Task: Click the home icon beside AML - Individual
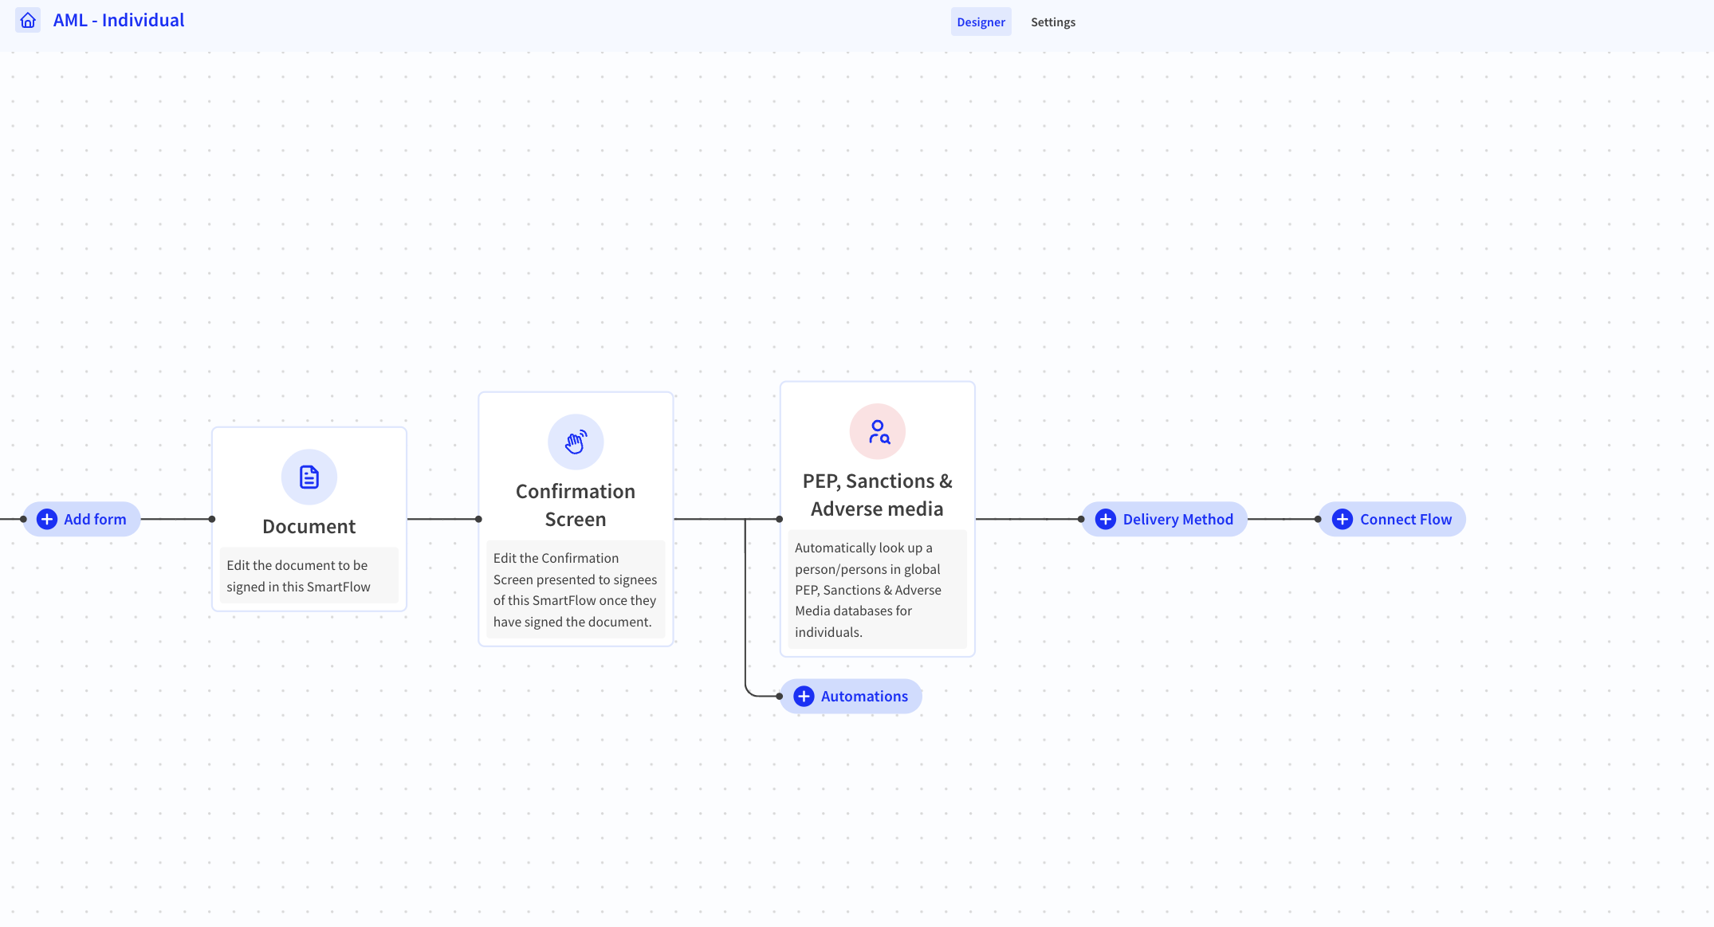click(x=28, y=20)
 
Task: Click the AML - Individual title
click(x=119, y=20)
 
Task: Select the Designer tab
click(x=981, y=22)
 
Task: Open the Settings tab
click(x=1052, y=22)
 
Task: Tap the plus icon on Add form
click(x=47, y=519)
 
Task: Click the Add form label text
click(x=95, y=519)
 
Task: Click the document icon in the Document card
click(x=309, y=477)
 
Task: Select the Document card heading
click(x=309, y=526)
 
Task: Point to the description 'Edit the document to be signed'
click(x=298, y=575)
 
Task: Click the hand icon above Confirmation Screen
click(x=576, y=442)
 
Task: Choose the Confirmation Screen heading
click(x=576, y=505)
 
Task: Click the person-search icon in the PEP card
click(x=878, y=431)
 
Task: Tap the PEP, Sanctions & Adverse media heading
click(x=877, y=495)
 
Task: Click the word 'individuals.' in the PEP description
click(x=828, y=632)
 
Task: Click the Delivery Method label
click(x=1177, y=519)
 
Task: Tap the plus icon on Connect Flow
click(x=1343, y=519)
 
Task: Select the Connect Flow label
click(x=1405, y=519)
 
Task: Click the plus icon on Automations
click(x=804, y=696)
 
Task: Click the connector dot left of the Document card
click(x=212, y=519)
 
